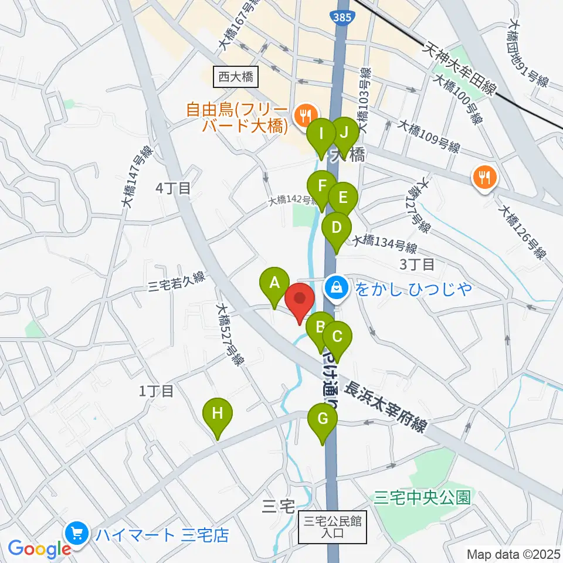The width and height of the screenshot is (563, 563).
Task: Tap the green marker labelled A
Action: (274, 285)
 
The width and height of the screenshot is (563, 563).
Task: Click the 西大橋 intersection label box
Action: (235, 77)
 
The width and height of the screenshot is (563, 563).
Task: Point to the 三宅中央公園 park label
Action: (422, 498)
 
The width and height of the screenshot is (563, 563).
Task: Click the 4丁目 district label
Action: (174, 188)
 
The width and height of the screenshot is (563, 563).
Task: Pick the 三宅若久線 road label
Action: (176, 283)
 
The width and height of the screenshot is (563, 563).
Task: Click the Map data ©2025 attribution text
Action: (513, 554)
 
